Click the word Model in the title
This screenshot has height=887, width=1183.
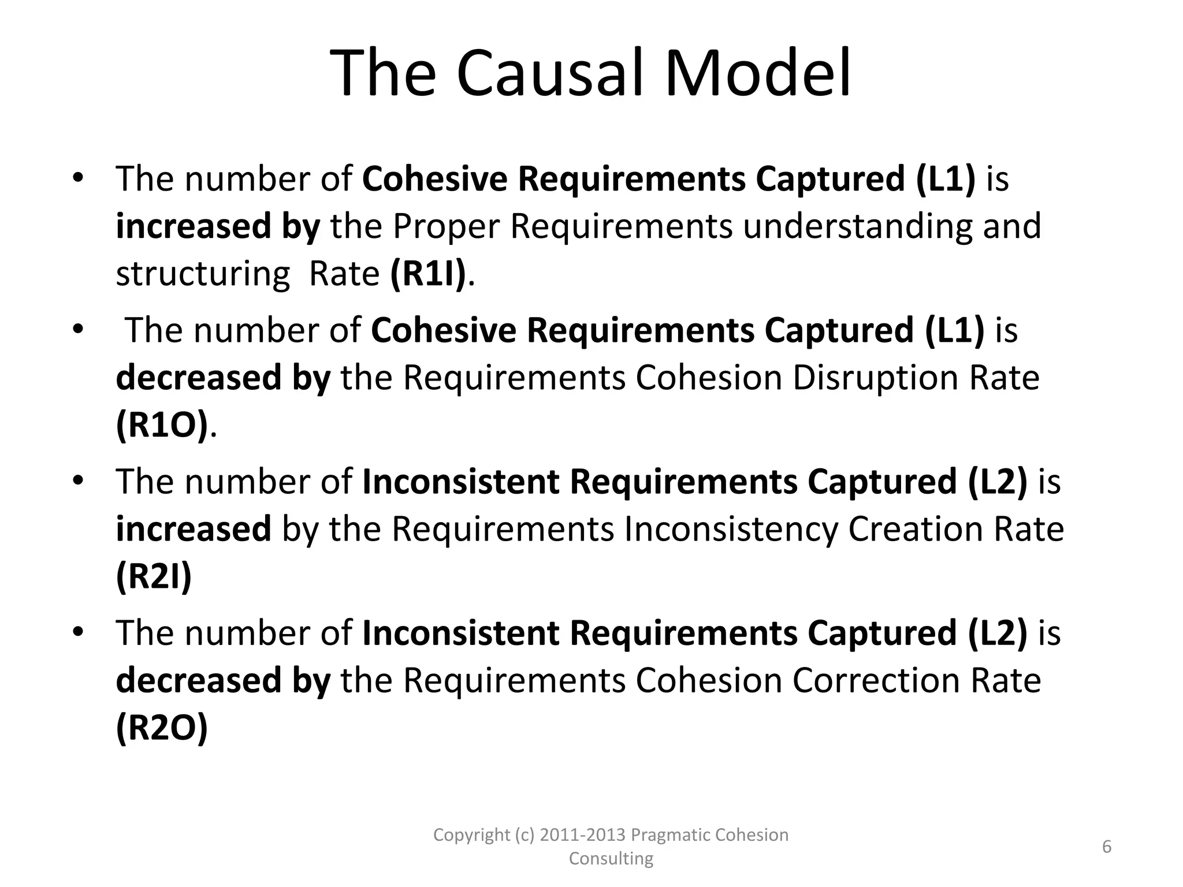pyautogui.click(x=758, y=74)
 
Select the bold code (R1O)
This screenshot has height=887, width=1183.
pyautogui.click(x=162, y=426)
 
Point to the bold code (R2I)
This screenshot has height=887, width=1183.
pyautogui.click(x=154, y=577)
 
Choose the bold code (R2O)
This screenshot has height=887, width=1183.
pyautogui.click(x=162, y=728)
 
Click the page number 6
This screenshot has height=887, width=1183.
pyautogui.click(x=1107, y=847)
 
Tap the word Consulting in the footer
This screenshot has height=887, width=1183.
pyautogui.click(x=611, y=859)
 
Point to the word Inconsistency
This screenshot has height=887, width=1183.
pyautogui.click(x=731, y=530)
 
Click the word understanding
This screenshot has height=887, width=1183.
pyautogui.click(x=858, y=227)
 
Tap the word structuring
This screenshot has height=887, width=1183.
pyautogui.click(x=203, y=274)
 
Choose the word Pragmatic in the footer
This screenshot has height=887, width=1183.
pyautogui.click(x=671, y=835)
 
